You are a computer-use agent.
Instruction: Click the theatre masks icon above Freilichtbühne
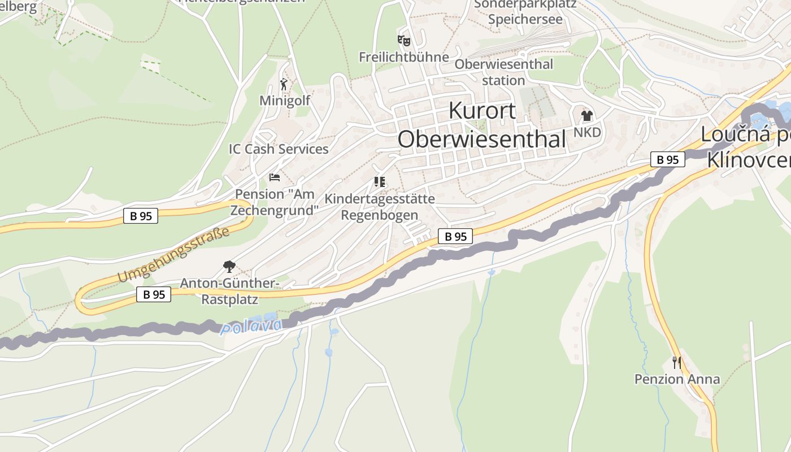pos(403,41)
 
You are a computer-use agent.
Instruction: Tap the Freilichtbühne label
pos(403,57)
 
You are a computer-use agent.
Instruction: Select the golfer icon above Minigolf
pos(284,85)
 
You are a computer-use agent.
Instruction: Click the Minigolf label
pos(285,101)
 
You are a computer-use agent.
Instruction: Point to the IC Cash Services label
pos(279,149)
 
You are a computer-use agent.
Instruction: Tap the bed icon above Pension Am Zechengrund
pos(275,177)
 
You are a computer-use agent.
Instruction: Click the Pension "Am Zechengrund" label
pos(275,202)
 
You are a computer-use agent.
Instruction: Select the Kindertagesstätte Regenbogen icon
pos(379,182)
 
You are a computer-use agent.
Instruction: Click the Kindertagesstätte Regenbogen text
pos(379,207)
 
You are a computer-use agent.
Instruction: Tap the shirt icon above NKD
pos(587,116)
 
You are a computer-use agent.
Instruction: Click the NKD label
pos(587,132)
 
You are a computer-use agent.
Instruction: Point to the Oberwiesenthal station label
pos(503,72)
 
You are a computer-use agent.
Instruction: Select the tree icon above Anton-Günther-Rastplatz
pos(229,266)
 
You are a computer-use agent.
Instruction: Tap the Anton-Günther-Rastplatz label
pos(229,290)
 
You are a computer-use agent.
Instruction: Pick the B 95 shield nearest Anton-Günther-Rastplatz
pos(154,294)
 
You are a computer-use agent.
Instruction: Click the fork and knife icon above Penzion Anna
pos(676,362)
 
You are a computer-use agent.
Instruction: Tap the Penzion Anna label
pos(677,379)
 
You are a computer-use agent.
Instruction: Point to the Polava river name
pos(251,326)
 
